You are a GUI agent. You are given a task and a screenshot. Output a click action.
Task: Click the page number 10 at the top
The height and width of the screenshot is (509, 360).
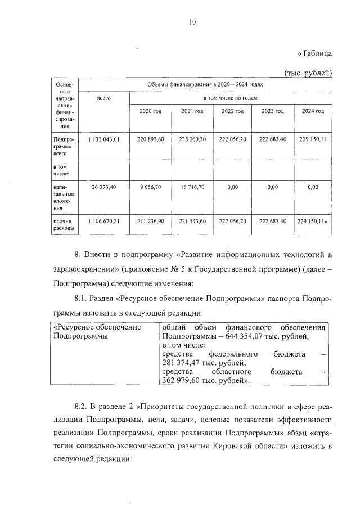point(192,22)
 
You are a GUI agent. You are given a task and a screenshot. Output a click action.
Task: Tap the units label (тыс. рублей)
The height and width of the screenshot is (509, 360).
point(309,72)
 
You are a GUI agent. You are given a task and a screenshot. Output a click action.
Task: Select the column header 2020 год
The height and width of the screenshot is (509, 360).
point(150,111)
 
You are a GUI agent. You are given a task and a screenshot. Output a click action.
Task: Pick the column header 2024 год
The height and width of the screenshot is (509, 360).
point(313,111)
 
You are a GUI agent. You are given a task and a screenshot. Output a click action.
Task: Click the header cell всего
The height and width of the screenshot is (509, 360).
point(104,98)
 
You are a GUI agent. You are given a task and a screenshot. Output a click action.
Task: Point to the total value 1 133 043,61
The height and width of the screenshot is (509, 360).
point(104,138)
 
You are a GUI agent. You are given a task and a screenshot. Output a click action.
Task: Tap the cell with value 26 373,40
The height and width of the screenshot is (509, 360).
point(104,187)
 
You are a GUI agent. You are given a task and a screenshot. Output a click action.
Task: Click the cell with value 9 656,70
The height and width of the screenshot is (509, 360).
point(150,187)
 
